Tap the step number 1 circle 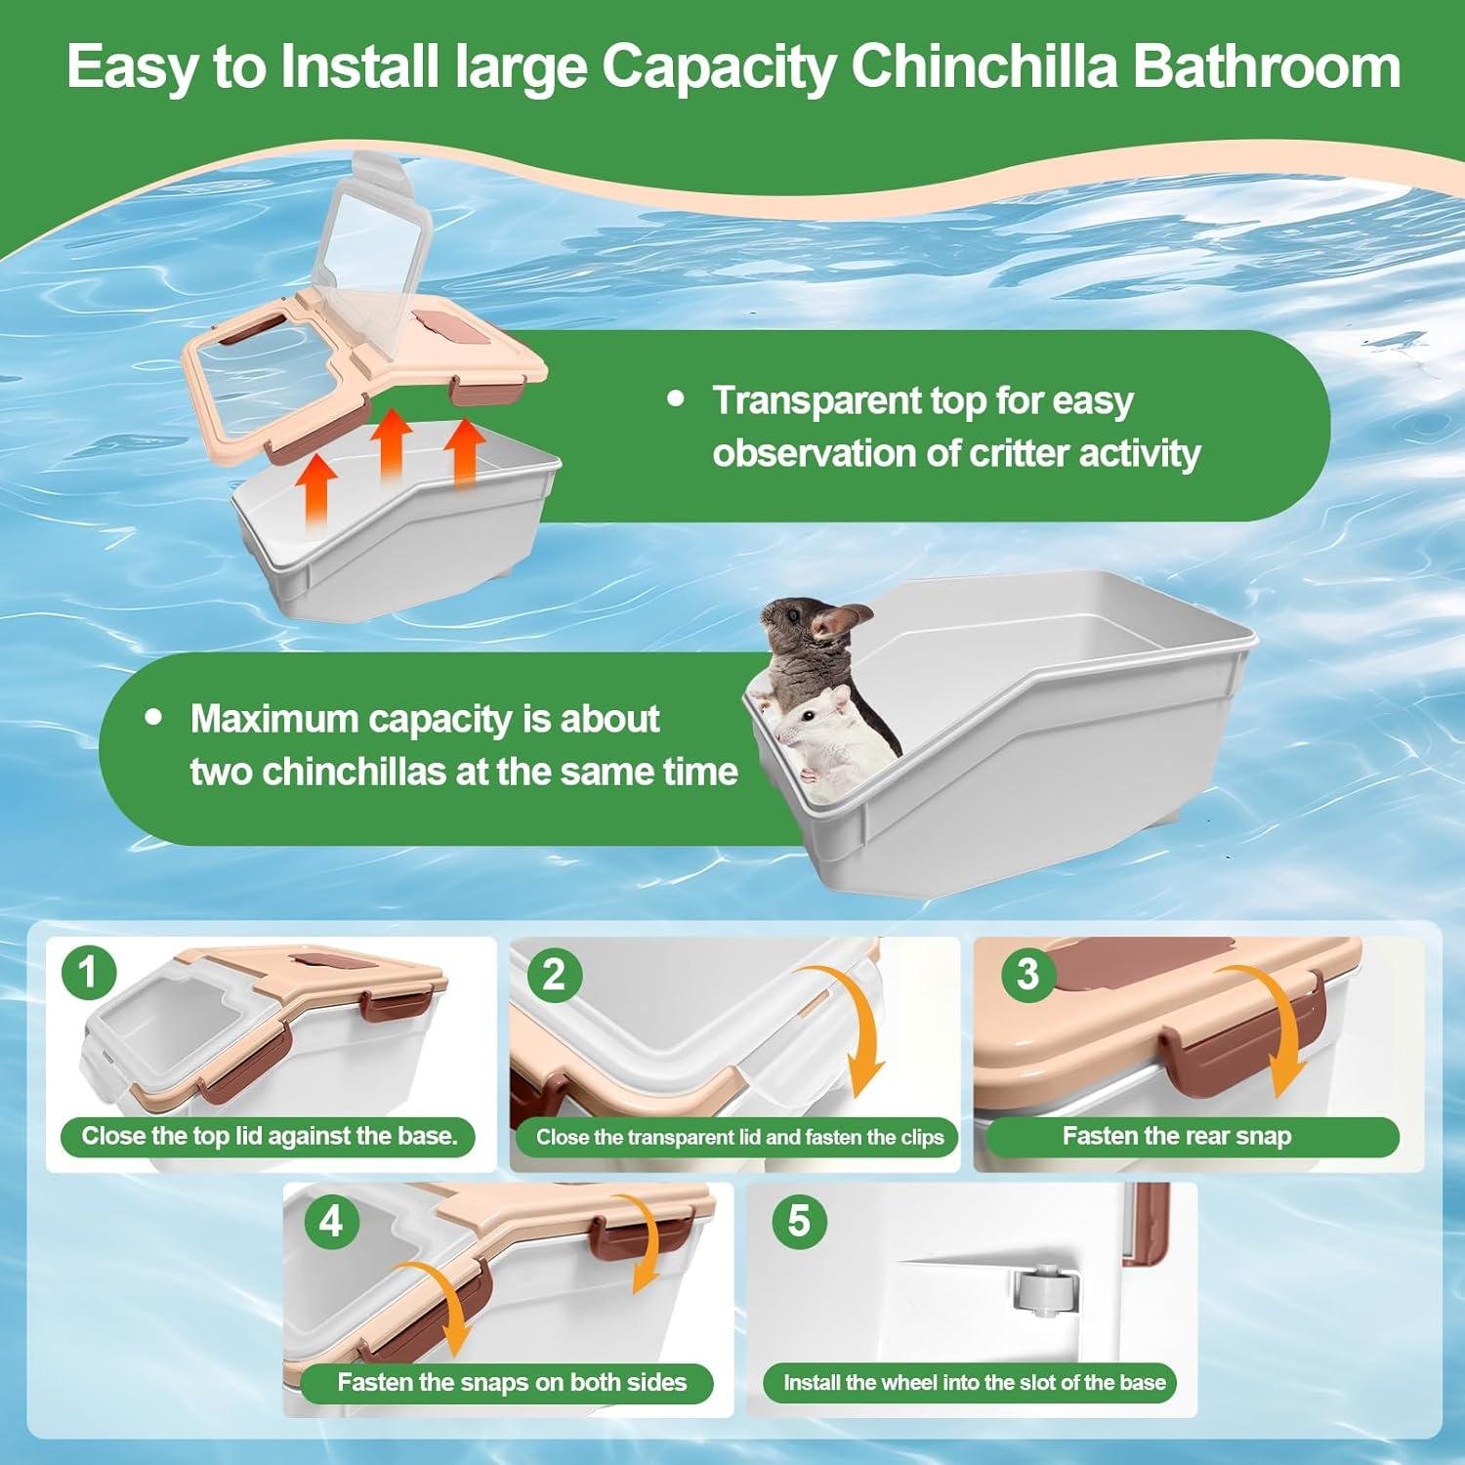click(x=89, y=973)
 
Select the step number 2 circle click(x=554, y=975)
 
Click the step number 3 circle click(x=1027, y=974)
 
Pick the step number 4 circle click(x=331, y=1221)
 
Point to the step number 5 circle click(x=799, y=1221)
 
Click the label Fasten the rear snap click(x=1177, y=1136)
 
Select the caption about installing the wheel click(x=974, y=1383)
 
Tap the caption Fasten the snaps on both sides click(x=512, y=1382)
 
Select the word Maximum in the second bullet click(x=274, y=720)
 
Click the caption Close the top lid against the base click(x=269, y=1136)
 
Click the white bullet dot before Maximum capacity click(x=153, y=717)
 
